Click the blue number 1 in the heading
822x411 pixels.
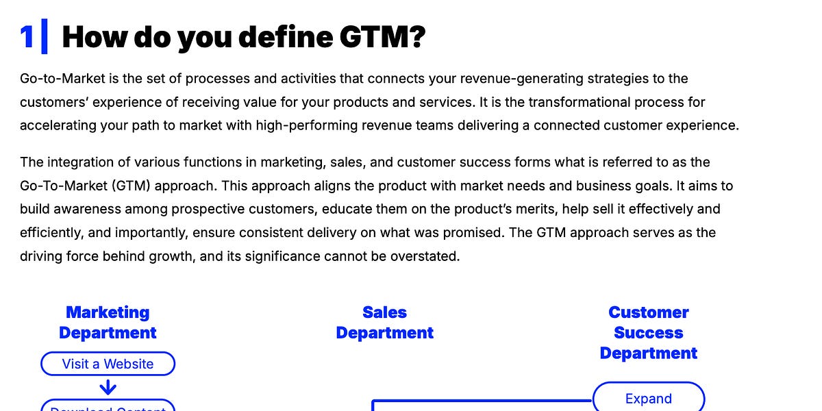[27, 37]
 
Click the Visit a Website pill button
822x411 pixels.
[108, 364]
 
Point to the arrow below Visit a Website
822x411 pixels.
[108, 388]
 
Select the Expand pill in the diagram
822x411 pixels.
[648, 398]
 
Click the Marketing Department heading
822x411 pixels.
[108, 323]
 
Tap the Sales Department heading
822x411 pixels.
[384, 323]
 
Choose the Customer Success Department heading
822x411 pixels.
[648, 333]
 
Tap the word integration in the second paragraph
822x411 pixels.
[79, 162]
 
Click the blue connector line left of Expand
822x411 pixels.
[480, 401]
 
